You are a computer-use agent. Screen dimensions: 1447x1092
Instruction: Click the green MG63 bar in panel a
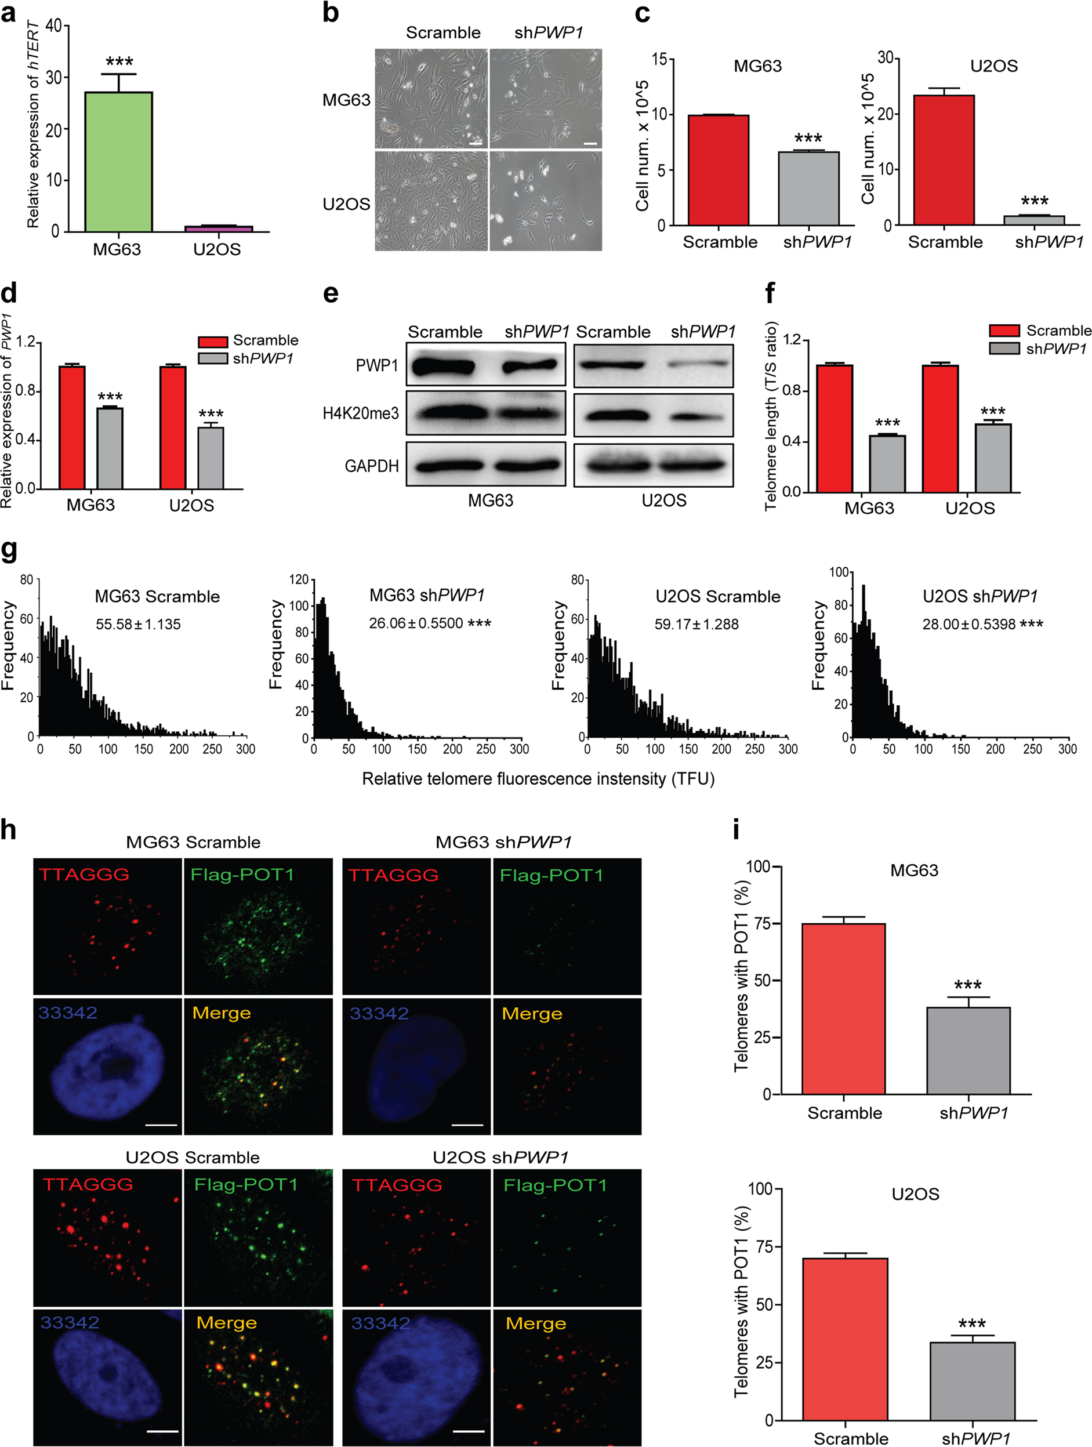pyautogui.click(x=118, y=162)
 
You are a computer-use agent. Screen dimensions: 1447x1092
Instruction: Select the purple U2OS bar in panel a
pyautogui.click(x=218, y=229)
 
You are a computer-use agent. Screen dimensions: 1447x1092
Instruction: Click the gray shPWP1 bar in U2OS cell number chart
pyautogui.click(x=1034, y=220)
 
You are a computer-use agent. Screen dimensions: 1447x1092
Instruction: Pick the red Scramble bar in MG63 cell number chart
pyautogui.click(x=719, y=170)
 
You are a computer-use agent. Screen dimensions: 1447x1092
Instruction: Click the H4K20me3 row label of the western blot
pyautogui.click(x=361, y=413)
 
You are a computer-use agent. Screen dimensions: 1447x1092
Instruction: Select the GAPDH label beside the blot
pyautogui.click(x=371, y=466)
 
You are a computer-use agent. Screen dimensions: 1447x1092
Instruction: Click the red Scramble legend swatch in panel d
pyautogui.click(x=213, y=342)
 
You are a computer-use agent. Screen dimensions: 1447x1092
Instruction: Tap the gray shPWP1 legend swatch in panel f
pyautogui.click(x=1004, y=349)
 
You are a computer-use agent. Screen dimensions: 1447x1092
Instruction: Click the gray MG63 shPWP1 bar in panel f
pyautogui.click(x=887, y=463)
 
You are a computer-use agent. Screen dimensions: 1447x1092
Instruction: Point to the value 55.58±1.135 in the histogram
pyautogui.click(x=138, y=624)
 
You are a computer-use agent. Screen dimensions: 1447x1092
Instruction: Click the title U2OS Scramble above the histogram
pyautogui.click(x=718, y=596)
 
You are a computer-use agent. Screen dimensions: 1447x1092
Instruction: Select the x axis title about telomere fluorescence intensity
pyautogui.click(x=538, y=778)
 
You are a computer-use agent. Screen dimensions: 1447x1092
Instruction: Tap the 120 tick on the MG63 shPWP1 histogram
pyautogui.click(x=299, y=579)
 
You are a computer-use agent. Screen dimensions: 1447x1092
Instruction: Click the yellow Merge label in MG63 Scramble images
pyautogui.click(x=221, y=1013)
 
